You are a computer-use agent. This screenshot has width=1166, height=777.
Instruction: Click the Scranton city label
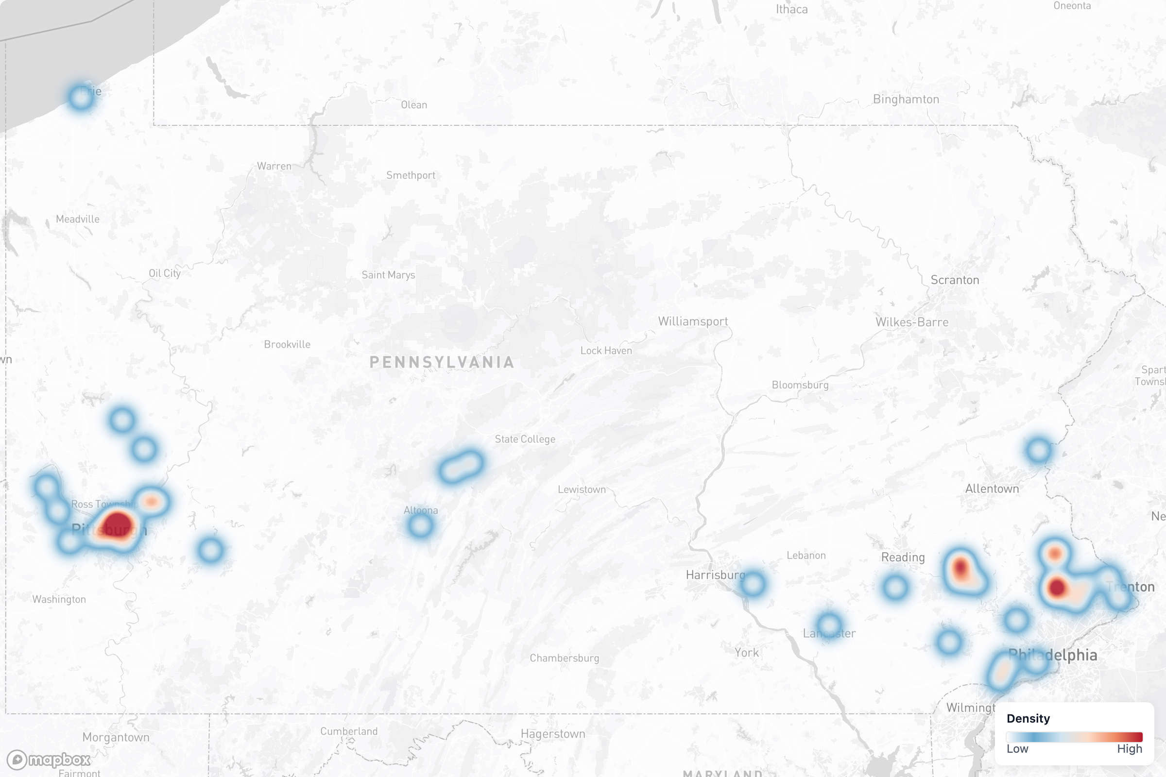[x=955, y=280]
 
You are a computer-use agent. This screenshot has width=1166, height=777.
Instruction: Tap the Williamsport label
[x=693, y=321]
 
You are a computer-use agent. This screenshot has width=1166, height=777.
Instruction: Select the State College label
[x=525, y=439]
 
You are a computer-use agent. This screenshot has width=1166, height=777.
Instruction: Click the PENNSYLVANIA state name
[x=442, y=362]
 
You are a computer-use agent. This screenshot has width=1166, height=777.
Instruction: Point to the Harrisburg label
[x=715, y=575]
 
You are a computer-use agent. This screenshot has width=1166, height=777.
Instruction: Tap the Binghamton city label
[x=906, y=99]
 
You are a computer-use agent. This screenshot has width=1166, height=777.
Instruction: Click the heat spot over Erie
[x=81, y=97]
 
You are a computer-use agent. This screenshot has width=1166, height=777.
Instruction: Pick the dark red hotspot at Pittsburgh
[x=118, y=524]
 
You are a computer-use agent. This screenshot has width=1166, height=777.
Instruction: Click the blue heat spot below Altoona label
[x=420, y=525]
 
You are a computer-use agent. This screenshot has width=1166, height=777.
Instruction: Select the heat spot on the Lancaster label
[x=829, y=626]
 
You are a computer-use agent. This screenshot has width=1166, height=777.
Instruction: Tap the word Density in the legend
[x=1028, y=719]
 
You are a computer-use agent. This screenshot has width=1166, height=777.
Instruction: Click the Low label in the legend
[x=1017, y=749]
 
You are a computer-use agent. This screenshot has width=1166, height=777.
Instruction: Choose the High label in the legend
[x=1129, y=749]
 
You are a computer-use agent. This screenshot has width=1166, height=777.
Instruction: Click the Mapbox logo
[x=49, y=760]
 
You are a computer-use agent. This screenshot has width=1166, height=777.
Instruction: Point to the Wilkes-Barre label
[x=912, y=322]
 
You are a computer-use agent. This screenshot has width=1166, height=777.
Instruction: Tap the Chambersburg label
[x=564, y=658]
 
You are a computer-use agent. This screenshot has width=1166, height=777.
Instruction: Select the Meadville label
[x=77, y=219]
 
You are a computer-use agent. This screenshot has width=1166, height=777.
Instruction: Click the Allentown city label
[x=992, y=489]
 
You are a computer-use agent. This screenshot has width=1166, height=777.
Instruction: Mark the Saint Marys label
[x=388, y=275]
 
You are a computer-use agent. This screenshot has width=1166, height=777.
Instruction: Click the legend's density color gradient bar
[x=1074, y=737]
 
